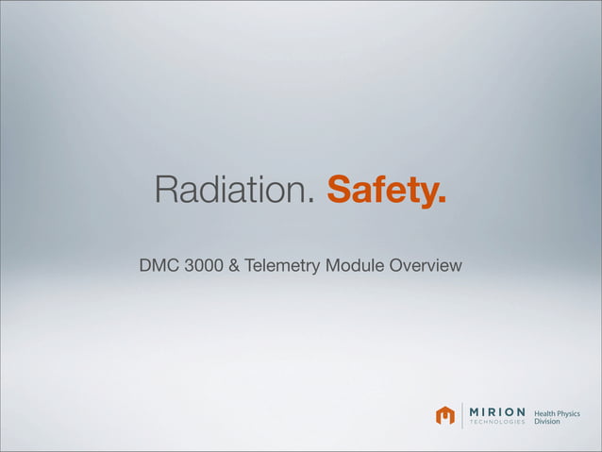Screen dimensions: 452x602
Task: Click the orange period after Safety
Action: click(440, 201)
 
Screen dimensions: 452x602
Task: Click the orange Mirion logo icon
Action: click(445, 415)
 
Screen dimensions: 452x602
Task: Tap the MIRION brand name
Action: click(498, 410)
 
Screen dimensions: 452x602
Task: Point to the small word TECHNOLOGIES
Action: click(498, 423)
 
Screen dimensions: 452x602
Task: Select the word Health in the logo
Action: click(545, 412)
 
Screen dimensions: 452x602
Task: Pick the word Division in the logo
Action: click(547, 422)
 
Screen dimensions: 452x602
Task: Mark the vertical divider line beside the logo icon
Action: click(462, 415)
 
